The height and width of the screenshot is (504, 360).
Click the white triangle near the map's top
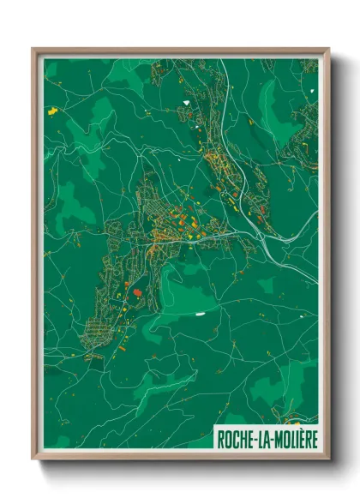pos(185,104)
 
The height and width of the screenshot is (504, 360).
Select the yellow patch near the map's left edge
pos(52,111)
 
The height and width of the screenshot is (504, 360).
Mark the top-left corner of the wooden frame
pos(33,49)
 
